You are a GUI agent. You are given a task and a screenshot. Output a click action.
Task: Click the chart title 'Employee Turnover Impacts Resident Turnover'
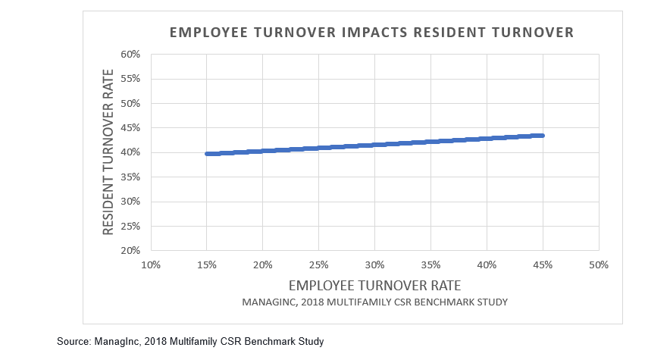[x=371, y=33]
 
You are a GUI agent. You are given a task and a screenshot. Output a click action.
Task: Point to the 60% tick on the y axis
[x=131, y=55]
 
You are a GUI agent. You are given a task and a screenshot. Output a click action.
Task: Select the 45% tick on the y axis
[x=131, y=127]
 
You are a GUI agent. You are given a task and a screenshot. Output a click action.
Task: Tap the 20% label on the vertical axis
[x=131, y=250]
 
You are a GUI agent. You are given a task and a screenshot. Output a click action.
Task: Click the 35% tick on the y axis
[x=131, y=177]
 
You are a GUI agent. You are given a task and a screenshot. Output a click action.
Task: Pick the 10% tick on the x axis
[x=151, y=265]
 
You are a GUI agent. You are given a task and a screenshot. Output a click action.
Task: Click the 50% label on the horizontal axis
[x=599, y=265]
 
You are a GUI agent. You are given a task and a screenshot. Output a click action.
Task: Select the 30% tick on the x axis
[x=374, y=265]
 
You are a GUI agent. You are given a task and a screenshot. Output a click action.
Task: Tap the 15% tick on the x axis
[x=207, y=265]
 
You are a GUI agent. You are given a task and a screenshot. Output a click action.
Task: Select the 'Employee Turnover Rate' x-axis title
[x=374, y=286]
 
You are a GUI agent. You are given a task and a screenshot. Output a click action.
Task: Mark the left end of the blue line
[x=207, y=154]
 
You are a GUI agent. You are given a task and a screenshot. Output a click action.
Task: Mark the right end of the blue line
[x=542, y=136]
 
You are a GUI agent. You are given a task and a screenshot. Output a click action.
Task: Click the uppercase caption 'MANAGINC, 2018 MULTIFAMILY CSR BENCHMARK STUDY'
[x=374, y=302]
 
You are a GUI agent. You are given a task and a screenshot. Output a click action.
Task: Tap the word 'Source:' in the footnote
[x=74, y=342]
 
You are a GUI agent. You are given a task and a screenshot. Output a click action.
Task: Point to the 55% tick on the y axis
[x=131, y=79]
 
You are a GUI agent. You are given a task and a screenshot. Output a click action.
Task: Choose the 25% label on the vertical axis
[x=131, y=226]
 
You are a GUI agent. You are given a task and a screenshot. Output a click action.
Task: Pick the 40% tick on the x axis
[x=487, y=265]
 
